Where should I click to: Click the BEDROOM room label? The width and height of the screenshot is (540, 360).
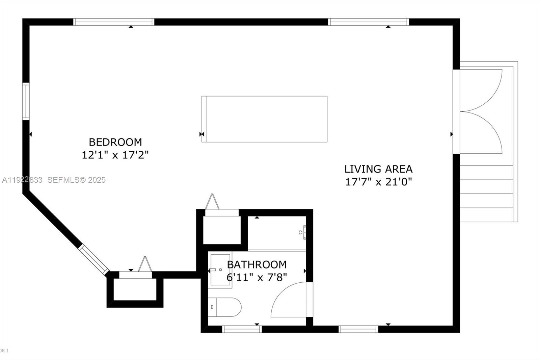point(115,142)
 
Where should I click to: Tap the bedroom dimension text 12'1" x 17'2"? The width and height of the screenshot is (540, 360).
point(115,155)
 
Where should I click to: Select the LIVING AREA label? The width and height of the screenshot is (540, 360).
point(378,169)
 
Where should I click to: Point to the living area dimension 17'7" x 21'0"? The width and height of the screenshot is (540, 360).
point(378,182)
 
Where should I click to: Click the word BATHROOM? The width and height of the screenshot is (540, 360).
point(257,264)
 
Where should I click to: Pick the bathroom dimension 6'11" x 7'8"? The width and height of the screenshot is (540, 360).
point(257,278)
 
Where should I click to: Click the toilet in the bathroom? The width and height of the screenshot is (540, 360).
point(224,307)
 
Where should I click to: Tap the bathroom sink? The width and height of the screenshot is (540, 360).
point(220,270)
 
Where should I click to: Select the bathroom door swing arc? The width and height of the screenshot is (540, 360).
point(287,299)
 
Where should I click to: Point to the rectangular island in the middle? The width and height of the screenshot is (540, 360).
point(264,119)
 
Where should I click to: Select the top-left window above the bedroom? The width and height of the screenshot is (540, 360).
point(114,22)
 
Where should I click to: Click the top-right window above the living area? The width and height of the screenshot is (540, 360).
point(368,22)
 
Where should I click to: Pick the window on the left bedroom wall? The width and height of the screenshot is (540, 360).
point(26,101)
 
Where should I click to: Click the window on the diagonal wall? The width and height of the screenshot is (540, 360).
point(94,259)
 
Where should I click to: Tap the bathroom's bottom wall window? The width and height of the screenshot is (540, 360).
point(242,329)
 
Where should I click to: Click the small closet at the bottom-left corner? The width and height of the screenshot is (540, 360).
point(135,289)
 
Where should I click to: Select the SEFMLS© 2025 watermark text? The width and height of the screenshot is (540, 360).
point(76,180)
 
